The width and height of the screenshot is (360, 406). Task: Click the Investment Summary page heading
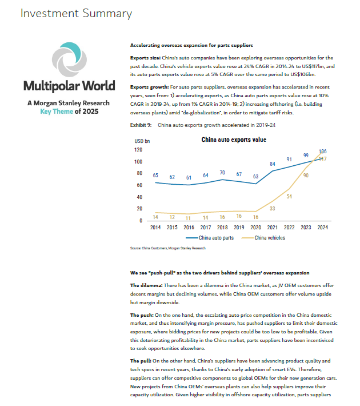(76, 14)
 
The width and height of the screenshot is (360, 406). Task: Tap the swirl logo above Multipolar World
(69, 59)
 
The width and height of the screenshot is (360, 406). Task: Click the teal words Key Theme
(57, 112)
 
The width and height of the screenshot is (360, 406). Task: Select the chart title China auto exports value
(234, 140)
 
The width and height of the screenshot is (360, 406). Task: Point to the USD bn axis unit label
(142, 141)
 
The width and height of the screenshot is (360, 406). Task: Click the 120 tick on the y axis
(138, 150)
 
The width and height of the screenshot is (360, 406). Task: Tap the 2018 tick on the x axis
(222, 228)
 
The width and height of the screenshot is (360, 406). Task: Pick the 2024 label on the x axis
(322, 228)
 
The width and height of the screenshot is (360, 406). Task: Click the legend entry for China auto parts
(210, 238)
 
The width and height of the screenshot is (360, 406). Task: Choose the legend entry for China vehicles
(263, 238)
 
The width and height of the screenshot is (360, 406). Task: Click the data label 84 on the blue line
(273, 164)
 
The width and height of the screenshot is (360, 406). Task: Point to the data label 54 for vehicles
(289, 197)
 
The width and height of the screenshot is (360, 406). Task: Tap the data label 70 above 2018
(222, 173)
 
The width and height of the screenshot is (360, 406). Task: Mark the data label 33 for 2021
(272, 209)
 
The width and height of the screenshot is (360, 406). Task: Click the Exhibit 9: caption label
(141, 125)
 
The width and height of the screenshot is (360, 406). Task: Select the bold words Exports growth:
(149, 87)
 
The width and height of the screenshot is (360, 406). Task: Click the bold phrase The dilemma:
(146, 285)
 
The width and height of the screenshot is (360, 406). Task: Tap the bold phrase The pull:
(141, 361)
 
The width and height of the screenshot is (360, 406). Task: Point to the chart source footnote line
(167, 248)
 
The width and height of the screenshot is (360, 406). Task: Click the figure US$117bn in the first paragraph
(313, 66)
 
